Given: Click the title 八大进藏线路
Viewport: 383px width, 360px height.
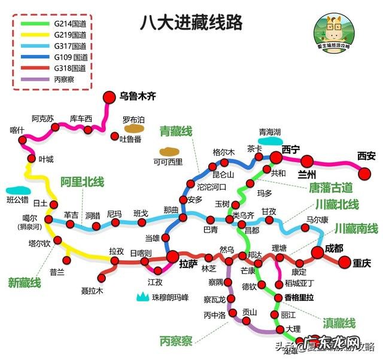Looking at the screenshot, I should [191, 23].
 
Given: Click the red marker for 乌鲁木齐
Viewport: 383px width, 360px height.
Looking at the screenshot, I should [109, 97].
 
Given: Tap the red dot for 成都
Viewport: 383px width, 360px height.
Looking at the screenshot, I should [317, 253].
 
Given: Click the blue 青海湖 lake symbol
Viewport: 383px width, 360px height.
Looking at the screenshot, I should [269, 142].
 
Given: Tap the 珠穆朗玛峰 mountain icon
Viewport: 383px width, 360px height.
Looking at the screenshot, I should [143, 295].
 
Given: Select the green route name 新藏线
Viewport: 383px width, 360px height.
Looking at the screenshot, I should [25, 282].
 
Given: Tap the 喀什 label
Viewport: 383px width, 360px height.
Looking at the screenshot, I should [18, 130].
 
